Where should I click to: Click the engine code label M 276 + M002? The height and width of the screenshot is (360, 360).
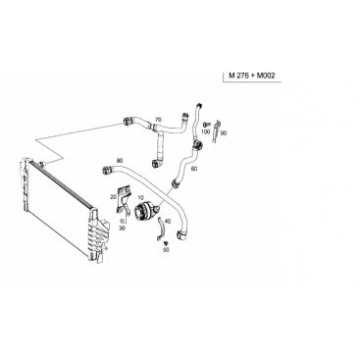point(252,76)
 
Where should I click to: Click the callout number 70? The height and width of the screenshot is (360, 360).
point(158,120)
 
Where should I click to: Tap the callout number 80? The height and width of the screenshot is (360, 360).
point(120,161)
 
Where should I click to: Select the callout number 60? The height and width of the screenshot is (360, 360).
point(194,169)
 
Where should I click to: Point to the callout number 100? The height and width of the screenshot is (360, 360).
point(205,131)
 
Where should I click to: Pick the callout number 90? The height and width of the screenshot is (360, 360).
point(224,133)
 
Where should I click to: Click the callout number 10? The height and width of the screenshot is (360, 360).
point(141,197)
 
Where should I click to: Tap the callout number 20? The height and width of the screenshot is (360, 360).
point(114,197)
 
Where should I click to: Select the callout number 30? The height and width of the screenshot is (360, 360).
point(122,229)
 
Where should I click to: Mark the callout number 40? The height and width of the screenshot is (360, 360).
point(168,222)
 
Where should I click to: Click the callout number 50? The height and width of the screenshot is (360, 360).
point(167,250)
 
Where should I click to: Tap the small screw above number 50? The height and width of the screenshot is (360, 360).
point(166,243)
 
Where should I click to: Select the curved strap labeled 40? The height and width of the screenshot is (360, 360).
point(162,229)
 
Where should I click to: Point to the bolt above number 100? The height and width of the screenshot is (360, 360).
point(206,125)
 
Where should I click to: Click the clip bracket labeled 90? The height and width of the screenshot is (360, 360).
point(216,130)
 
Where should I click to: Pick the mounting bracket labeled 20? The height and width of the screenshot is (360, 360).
point(123,199)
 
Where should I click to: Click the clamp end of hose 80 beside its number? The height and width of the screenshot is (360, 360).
point(107,170)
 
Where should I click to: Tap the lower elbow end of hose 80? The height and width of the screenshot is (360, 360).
point(181,235)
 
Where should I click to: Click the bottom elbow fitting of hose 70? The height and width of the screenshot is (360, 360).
point(156,163)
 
